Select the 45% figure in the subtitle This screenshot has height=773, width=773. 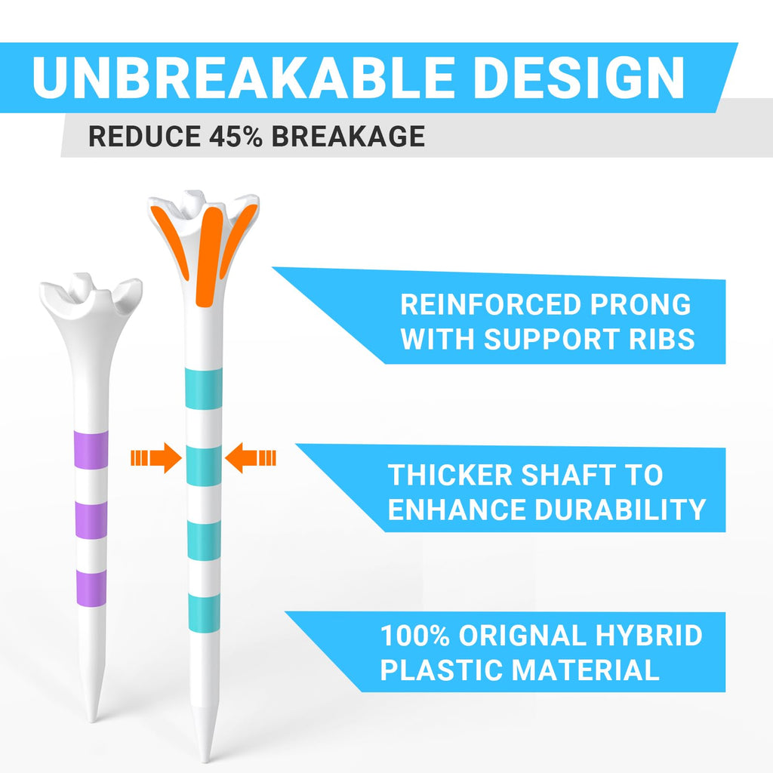[226, 137]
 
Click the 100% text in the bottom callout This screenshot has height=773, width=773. [413, 636]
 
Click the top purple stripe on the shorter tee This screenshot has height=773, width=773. [92, 450]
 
